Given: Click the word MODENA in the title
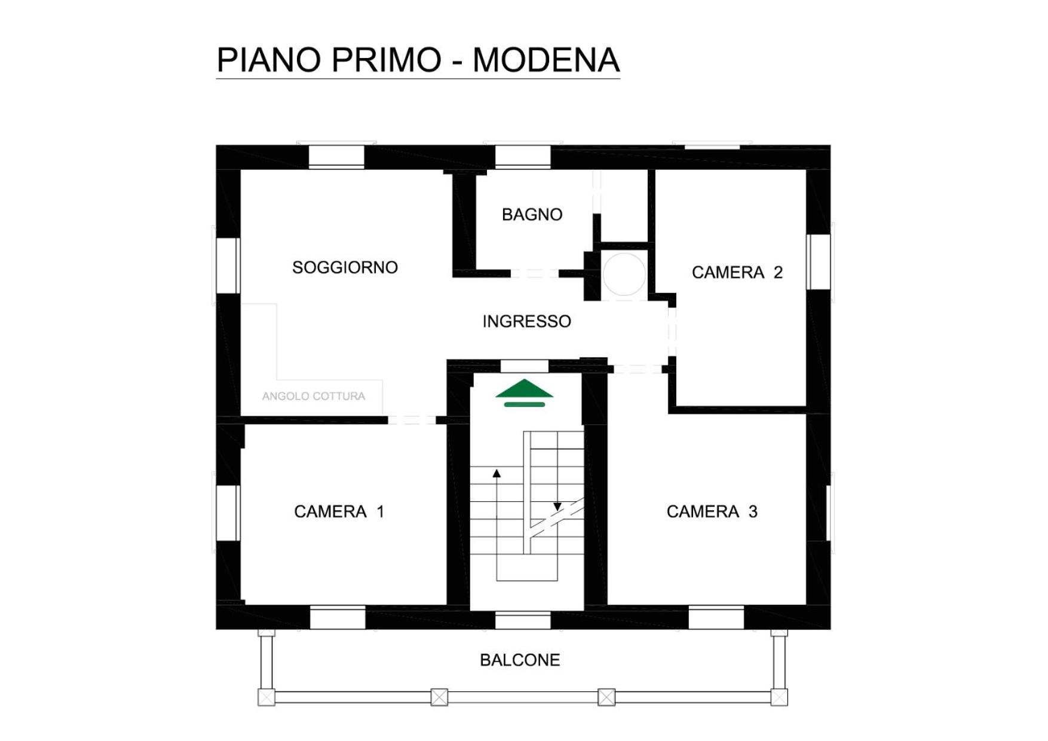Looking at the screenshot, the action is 546,60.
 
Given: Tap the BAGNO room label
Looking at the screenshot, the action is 532,215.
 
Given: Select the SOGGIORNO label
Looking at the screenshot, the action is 345,267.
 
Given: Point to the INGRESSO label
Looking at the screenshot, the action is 526,322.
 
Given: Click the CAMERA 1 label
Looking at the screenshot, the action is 339,511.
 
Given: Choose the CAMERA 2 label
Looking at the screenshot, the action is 737,273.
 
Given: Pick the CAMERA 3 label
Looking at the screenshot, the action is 712,511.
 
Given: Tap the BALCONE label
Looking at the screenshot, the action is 520,660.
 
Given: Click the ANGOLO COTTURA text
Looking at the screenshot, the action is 313,396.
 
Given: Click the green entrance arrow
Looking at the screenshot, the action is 524,393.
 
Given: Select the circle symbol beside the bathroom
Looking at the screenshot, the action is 624,274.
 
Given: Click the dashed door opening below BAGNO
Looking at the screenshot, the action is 535,274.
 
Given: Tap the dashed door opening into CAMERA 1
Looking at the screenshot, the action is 412,420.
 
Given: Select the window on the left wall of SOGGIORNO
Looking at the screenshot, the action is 228,266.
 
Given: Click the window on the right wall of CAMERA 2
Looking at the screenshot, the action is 818,262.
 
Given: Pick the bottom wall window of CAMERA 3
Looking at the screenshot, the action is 716,617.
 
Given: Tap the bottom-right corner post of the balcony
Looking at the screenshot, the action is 779,697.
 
